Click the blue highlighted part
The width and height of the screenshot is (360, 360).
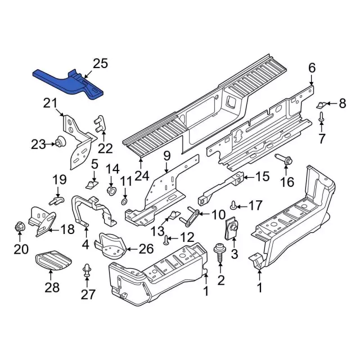tap(67, 83)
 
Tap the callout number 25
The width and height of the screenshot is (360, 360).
tap(100, 64)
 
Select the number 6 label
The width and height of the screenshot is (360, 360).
tap(312, 68)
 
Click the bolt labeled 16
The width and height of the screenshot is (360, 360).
tap(283, 161)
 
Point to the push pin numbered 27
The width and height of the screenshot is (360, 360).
tap(87, 269)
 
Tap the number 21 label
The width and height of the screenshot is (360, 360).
tap(50, 103)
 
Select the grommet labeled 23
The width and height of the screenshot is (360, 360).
tap(58, 143)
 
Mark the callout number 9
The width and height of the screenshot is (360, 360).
tap(166, 155)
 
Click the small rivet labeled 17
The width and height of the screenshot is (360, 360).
tap(233, 205)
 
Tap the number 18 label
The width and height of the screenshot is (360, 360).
tap(67, 229)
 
